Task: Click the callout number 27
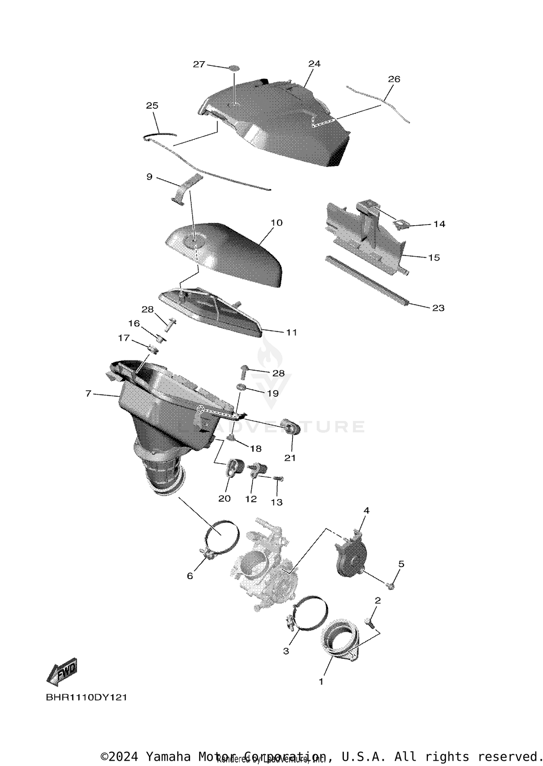click(199, 64)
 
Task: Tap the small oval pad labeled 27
click(234, 68)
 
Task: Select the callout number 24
click(314, 64)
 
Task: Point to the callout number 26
click(394, 79)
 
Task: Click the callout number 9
click(150, 177)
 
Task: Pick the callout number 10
click(276, 223)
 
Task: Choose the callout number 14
click(439, 224)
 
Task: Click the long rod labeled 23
click(366, 281)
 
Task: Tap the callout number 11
click(291, 332)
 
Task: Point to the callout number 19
click(273, 393)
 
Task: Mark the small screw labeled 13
click(278, 478)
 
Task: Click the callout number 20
click(224, 499)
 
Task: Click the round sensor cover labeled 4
click(350, 557)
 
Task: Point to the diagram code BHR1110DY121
click(87, 697)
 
